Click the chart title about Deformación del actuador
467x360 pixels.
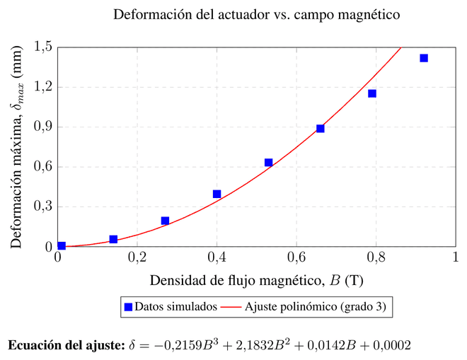[256, 14]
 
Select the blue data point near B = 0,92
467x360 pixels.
[424, 58]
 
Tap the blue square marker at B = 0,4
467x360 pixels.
[217, 194]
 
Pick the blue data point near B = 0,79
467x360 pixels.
[372, 93]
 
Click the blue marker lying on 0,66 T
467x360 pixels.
[320, 128]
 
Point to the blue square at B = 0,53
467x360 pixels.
[269, 163]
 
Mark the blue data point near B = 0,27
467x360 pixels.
[165, 221]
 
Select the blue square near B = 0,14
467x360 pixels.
[113, 239]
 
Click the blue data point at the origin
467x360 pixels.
[62, 245]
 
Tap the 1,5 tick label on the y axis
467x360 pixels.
[43, 47]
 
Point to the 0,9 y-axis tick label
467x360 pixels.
[43, 127]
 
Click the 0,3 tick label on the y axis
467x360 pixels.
[43, 206]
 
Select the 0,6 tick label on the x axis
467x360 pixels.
[296, 257]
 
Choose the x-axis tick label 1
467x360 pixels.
[456, 257]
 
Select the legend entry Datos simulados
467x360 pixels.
[171, 307]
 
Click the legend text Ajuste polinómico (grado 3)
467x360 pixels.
[315, 307]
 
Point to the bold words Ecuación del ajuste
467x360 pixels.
[67, 345]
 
